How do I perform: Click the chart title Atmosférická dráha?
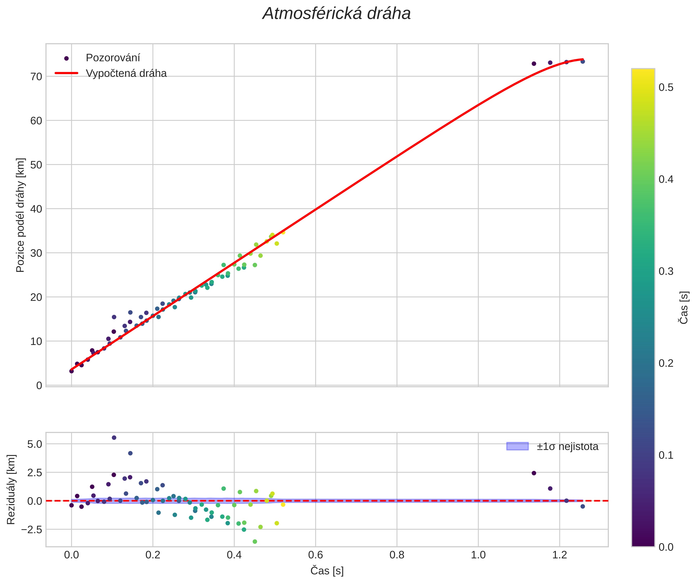coord(336,14)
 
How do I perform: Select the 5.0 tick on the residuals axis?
coord(35,444)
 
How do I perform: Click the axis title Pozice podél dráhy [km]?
coord(20,215)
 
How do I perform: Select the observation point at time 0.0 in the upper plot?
coord(72,371)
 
